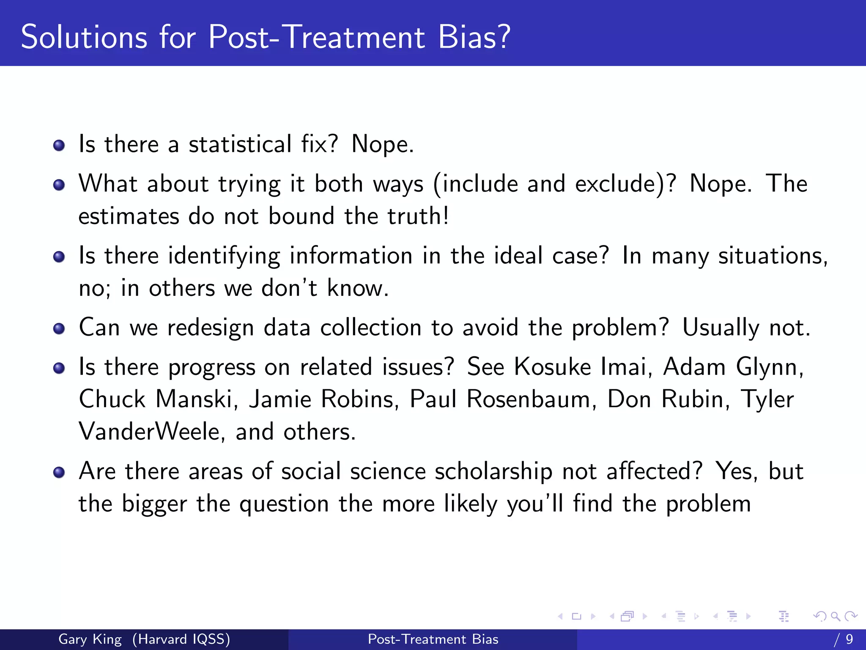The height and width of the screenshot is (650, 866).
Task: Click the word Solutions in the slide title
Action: (84, 37)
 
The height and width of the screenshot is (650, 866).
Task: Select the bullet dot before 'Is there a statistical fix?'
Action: (59, 146)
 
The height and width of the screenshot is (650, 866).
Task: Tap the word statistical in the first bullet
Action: (240, 144)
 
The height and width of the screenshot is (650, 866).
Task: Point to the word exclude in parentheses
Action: (617, 184)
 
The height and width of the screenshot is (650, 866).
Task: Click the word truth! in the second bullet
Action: (418, 216)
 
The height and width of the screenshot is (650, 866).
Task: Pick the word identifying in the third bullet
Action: (224, 256)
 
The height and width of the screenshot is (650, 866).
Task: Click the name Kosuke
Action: (552, 367)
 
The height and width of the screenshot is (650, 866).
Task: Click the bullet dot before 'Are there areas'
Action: (59, 473)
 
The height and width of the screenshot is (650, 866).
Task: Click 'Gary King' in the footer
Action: (90, 639)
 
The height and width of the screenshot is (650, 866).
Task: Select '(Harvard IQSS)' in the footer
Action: (181, 639)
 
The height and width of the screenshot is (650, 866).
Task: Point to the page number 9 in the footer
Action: (849, 639)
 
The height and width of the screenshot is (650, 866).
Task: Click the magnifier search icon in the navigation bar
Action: (835, 616)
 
